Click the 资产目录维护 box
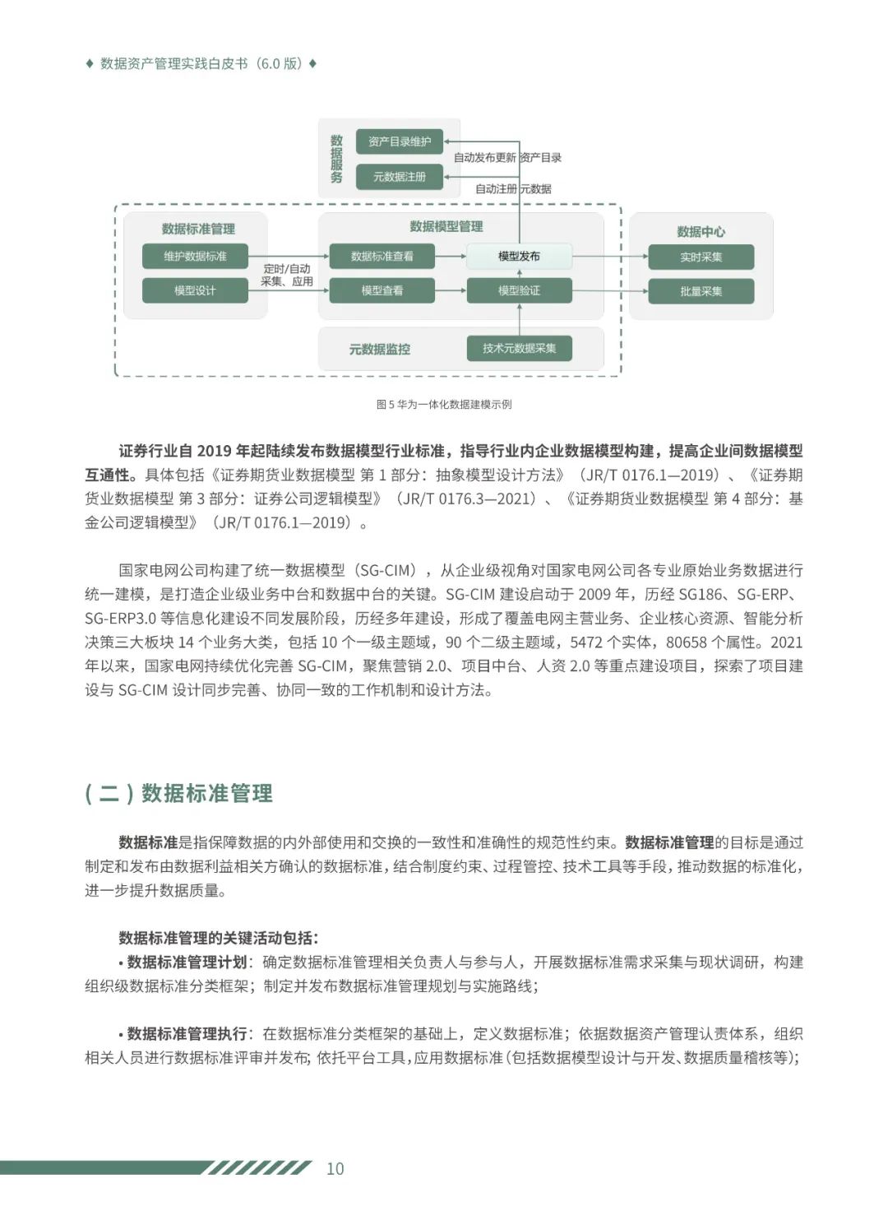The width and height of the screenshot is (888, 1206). point(399,141)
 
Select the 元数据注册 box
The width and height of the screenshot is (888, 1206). point(399,176)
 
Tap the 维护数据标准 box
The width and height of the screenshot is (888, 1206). point(195,256)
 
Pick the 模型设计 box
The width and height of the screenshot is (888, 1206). point(195,290)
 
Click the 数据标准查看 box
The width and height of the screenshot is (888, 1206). point(382,256)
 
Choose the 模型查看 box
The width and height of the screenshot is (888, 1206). point(382,290)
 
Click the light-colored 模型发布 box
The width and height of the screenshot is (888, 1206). point(519,256)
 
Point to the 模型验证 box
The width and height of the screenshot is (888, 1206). point(519,290)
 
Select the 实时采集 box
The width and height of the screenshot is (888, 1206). point(701,257)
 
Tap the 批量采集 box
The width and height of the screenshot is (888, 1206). point(701,291)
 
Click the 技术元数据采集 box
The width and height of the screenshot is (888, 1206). point(519,348)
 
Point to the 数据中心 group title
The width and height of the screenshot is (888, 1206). point(701,231)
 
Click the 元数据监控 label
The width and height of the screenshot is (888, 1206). point(379,349)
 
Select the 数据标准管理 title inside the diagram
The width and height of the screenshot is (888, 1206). point(198,229)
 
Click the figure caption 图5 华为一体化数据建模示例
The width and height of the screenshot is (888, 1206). point(444,404)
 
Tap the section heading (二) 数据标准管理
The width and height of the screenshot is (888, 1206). point(179,793)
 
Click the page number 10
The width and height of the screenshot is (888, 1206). point(335,1168)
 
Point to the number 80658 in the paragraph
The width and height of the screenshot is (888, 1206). point(689,642)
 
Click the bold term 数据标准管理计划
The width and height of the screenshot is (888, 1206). point(187,962)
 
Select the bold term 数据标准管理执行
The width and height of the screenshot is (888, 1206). point(187,1033)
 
